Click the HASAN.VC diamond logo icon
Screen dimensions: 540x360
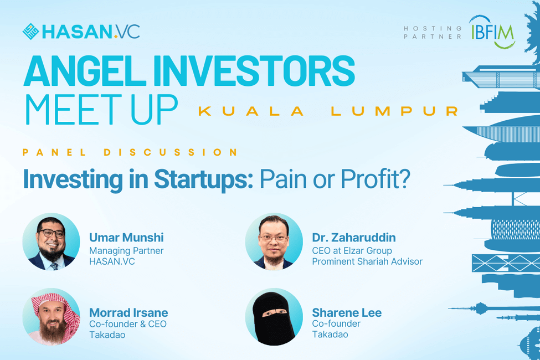(30, 32)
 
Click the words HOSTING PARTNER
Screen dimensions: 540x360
(433, 32)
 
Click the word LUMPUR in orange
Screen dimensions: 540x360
(395, 111)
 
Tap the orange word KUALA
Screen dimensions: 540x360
(251, 111)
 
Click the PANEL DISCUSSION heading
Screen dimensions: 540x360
(130, 152)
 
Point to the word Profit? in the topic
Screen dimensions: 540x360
(376, 179)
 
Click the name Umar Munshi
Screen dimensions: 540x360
(126, 238)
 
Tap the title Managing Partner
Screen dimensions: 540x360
(126, 251)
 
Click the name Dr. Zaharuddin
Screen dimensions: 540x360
(354, 238)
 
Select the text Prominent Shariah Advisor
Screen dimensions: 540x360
(367, 261)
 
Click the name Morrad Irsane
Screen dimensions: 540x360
(128, 313)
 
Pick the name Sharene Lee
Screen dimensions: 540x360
(347, 313)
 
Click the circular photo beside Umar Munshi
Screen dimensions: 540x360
(52, 241)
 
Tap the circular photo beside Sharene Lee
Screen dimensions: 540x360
(274, 317)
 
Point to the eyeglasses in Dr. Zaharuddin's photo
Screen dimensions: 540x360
(274, 238)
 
